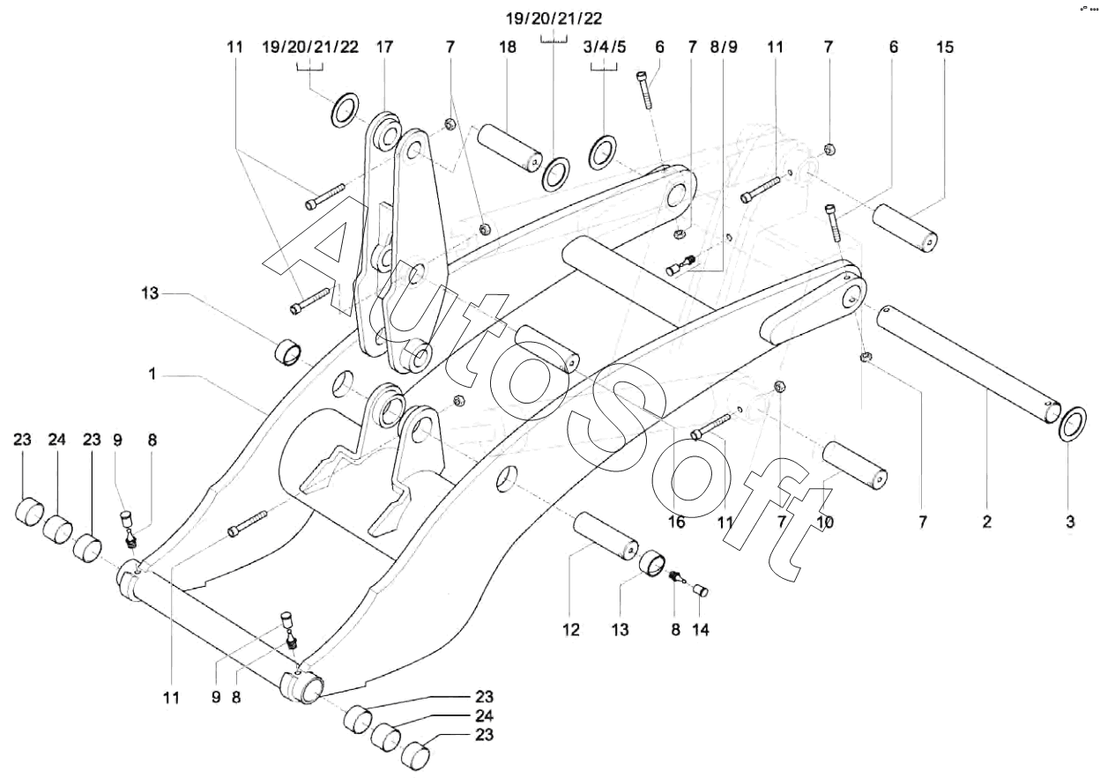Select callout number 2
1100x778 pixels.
click(986, 522)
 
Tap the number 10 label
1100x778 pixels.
click(826, 522)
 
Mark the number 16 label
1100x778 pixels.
click(675, 522)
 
